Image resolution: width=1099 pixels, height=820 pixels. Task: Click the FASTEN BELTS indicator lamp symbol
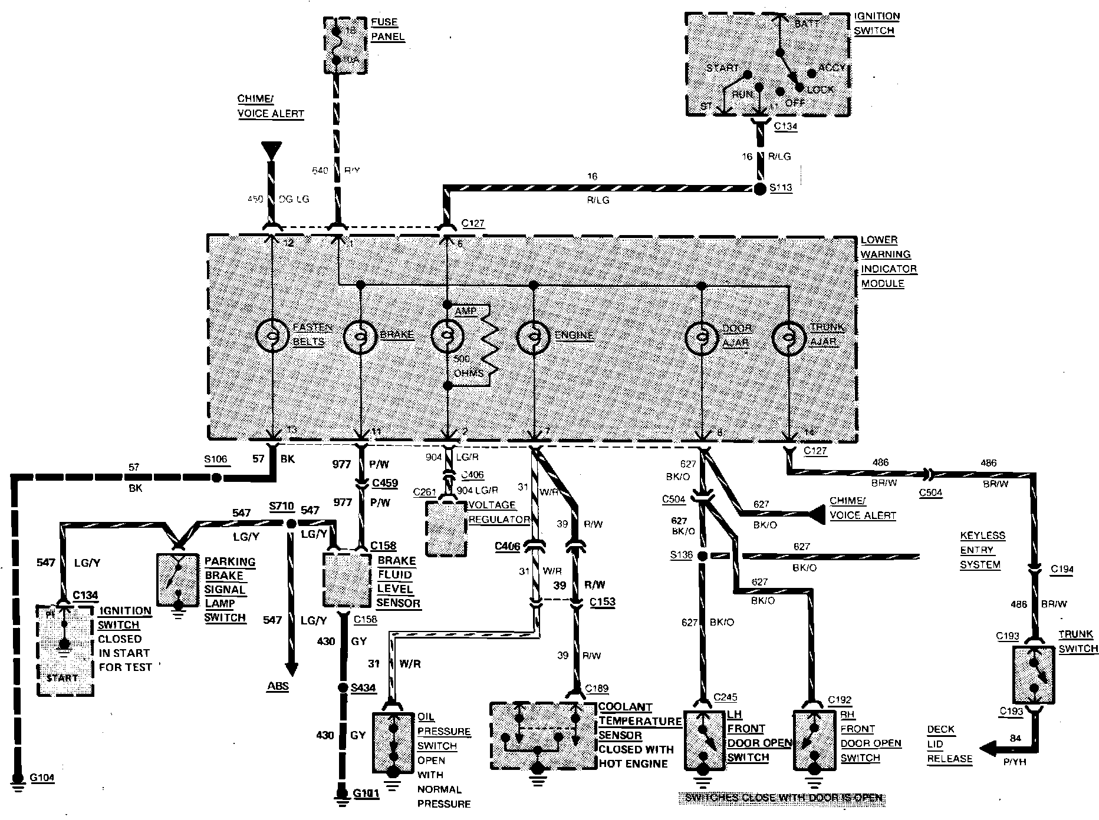click(x=273, y=336)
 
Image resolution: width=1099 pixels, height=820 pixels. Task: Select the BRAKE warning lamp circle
click(x=360, y=336)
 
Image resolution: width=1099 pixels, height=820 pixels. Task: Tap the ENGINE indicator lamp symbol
click(x=534, y=336)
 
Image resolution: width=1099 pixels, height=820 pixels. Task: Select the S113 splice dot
click(x=759, y=189)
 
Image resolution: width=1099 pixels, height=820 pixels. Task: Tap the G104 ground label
click(x=41, y=778)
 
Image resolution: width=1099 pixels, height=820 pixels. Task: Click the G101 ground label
click(x=366, y=793)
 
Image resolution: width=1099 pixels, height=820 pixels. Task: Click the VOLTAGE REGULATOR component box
click(x=446, y=528)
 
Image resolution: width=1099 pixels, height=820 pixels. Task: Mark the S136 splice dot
click(x=702, y=556)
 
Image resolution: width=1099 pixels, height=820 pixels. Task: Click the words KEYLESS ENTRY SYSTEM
click(x=982, y=550)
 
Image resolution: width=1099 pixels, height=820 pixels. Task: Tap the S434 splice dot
click(x=342, y=687)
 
